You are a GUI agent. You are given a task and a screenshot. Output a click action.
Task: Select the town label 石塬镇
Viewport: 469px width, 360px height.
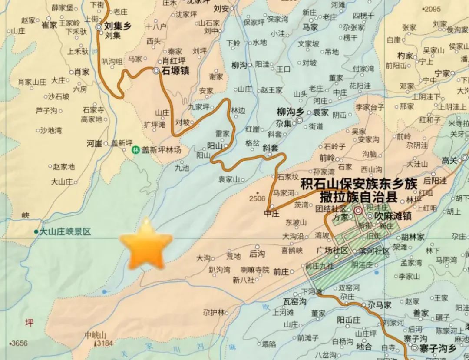click(176, 70)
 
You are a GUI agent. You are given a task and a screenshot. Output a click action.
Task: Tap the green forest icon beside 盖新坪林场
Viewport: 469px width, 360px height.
click(135, 150)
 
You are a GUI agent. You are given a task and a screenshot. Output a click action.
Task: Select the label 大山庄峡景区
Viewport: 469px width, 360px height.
click(65, 232)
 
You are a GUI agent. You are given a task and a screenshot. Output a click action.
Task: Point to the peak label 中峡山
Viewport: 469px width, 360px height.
click(96, 335)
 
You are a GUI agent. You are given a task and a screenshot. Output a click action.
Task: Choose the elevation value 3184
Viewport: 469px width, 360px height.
click(105, 343)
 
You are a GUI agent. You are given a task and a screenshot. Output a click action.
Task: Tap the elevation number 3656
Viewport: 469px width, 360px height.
click(20, 343)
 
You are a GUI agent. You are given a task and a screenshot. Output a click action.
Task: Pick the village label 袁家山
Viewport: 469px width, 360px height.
click(228, 179)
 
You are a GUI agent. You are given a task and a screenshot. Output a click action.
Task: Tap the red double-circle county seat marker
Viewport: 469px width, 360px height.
click(358, 211)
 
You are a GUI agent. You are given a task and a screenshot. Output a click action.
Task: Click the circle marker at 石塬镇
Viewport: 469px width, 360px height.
click(157, 70)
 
